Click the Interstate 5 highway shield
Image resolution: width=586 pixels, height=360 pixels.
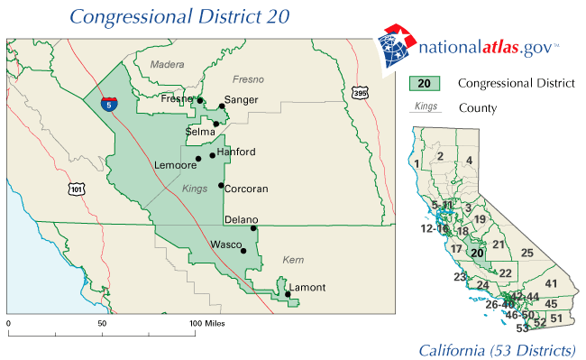(108, 105)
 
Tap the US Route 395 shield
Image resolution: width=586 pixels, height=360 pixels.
(360, 93)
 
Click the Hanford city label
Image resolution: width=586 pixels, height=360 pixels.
(236, 152)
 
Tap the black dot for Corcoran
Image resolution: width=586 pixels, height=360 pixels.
(221, 186)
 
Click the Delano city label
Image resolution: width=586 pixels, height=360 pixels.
(241, 219)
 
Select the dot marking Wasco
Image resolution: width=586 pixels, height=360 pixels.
(243, 250)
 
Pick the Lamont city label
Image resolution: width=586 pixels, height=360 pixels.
(307, 287)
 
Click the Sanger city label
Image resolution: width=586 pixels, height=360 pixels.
(241, 99)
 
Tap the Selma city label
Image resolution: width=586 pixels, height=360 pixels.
(200, 131)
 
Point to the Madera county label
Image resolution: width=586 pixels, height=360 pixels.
(167, 64)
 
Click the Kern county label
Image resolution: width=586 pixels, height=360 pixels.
(294, 259)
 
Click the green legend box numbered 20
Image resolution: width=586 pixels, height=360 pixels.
(424, 84)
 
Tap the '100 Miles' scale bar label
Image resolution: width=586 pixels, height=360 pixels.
(207, 322)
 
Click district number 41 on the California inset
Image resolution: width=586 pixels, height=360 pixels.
(552, 284)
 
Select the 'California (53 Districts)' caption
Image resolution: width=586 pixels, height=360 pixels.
(497, 349)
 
